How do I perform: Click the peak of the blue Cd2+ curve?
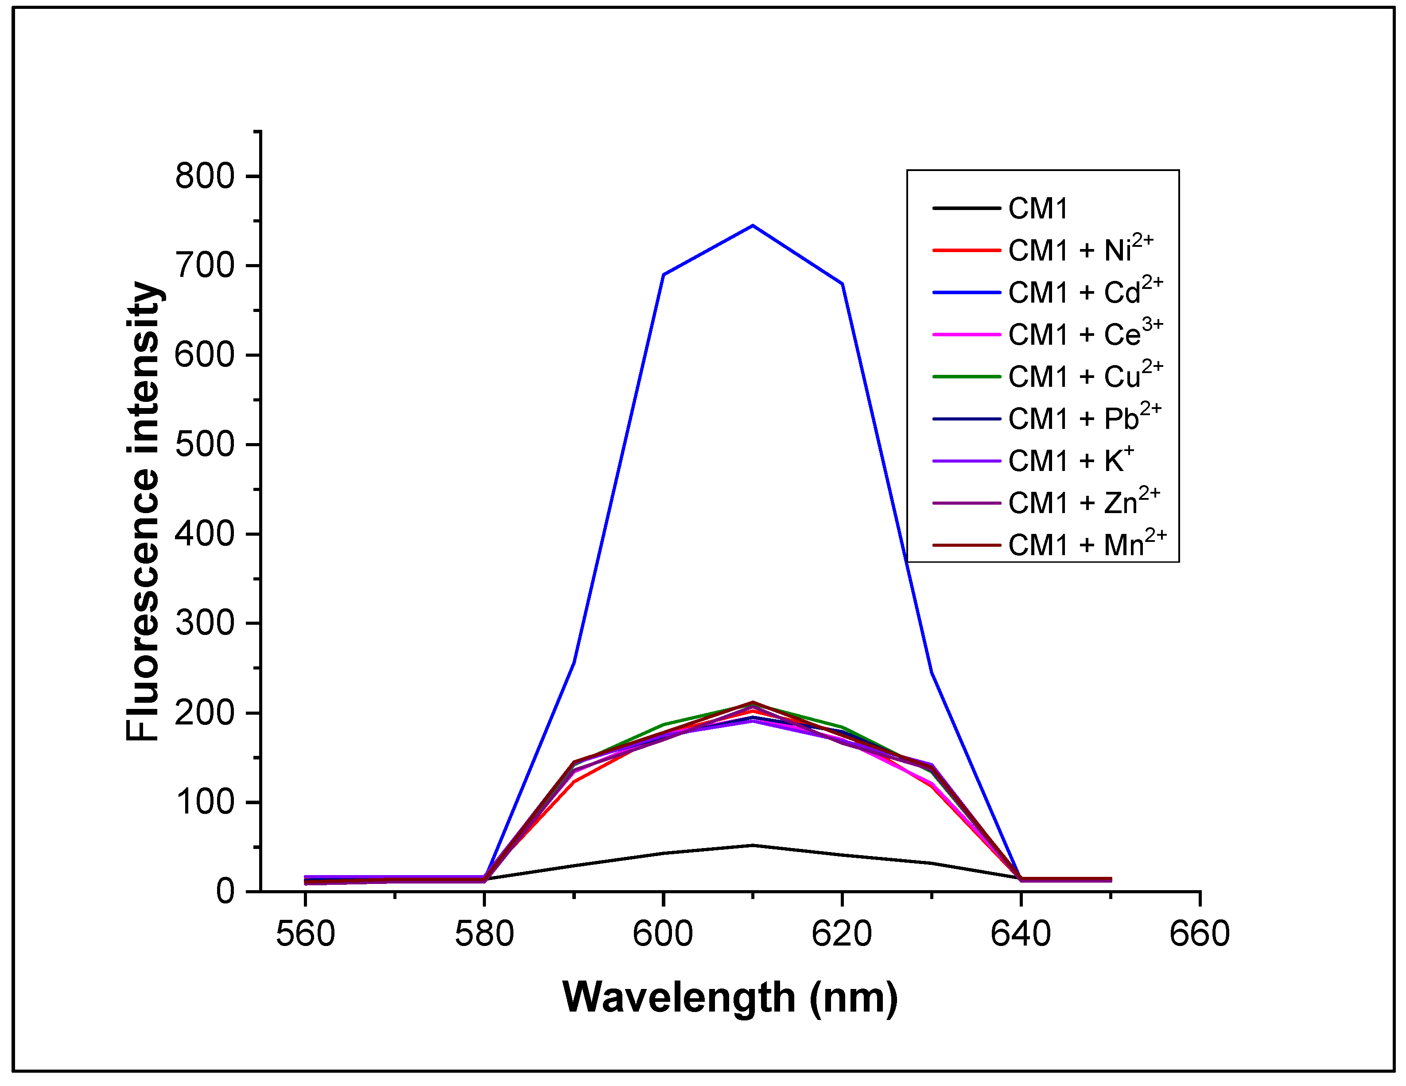coord(753,226)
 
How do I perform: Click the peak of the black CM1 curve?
coord(753,845)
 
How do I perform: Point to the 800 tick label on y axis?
coord(205,176)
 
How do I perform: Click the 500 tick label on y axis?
coord(205,445)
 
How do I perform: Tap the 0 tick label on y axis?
coord(225,891)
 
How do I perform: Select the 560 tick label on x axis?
coord(305,934)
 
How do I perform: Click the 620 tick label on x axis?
coord(842,934)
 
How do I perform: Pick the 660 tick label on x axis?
coord(1199,934)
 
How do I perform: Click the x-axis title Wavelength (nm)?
coord(730,998)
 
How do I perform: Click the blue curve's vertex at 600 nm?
coord(663,275)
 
